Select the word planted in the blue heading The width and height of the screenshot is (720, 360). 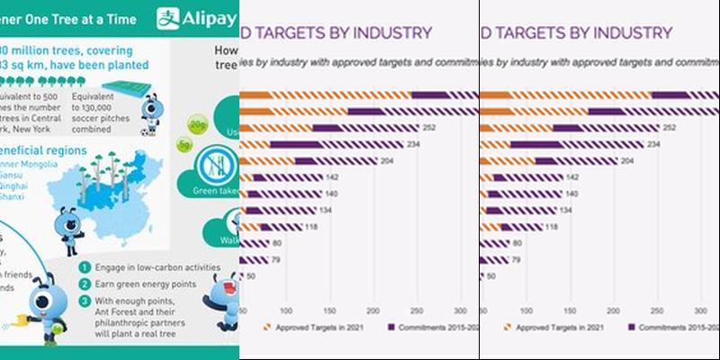(125, 66)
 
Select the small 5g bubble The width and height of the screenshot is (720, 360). (184, 144)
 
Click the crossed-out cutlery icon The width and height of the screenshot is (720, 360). (214, 165)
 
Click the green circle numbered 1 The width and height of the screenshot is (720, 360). (83, 267)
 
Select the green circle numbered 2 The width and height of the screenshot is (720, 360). (83, 283)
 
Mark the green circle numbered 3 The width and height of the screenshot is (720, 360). (83, 301)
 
